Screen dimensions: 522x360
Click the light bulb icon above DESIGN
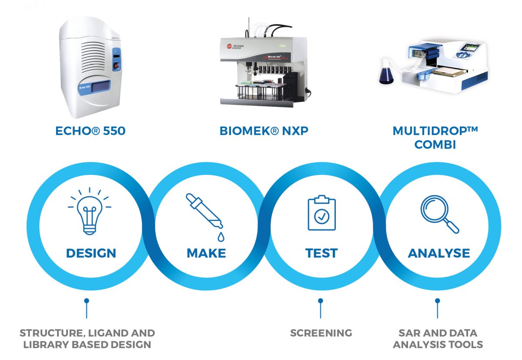click(x=90, y=211)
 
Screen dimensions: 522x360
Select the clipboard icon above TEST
click(x=321, y=212)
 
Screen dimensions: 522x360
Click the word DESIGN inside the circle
click(x=91, y=253)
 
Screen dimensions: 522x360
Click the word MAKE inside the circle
click(x=206, y=253)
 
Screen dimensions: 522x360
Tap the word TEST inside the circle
click(x=321, y=253)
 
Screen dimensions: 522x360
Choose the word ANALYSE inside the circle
click(x=439, y=253)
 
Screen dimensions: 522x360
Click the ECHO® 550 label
click(x=90, y=131)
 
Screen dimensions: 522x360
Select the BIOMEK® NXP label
click(x=264, y=131)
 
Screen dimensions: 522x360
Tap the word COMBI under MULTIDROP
click(x=435, y=145)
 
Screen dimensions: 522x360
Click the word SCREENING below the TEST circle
click(x=321, y=333)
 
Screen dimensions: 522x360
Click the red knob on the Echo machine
click(x=116, y=67)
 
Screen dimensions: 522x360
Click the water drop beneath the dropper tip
click(x=221, y=237)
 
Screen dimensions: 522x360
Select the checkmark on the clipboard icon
click(x=322, y=217)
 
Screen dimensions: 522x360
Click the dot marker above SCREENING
click(x=321, y=300)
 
